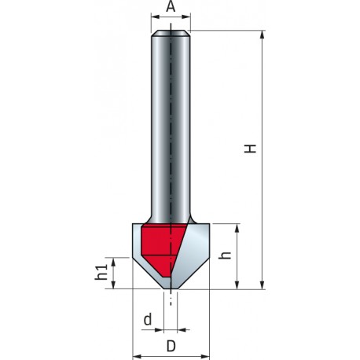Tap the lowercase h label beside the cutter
pos(223,255)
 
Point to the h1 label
pos(101,273)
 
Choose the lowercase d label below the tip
pos(148,321)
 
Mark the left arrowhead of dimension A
pos(153,20)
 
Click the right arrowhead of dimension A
pos(189,20)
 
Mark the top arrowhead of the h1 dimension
pos(116,259)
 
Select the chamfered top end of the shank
pos(171,33)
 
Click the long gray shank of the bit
pos(171,126)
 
